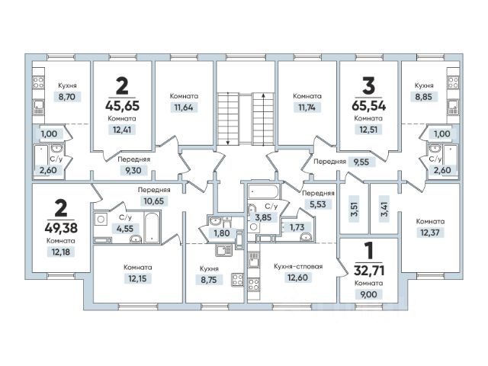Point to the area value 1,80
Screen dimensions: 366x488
221,232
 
